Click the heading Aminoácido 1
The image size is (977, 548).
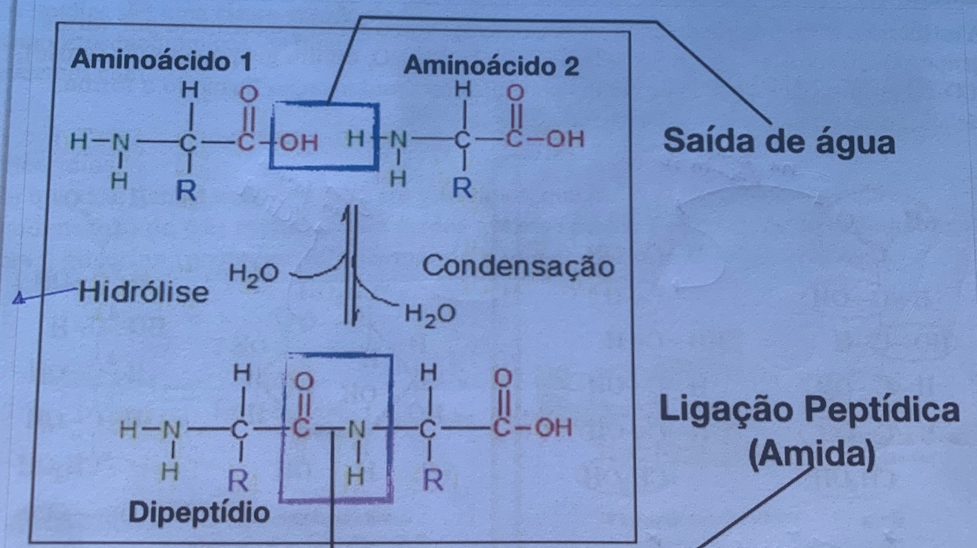tap(161, 61)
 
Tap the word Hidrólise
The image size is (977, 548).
tap(144, 292)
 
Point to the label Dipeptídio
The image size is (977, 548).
tap(199, 512)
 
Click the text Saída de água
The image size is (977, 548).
tap(779, 141)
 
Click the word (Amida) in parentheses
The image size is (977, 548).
tap(812, 456)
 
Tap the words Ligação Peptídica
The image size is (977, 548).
tap(810, 410)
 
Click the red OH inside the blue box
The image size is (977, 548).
tap(300, 142)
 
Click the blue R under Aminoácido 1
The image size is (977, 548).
tap(188, 192)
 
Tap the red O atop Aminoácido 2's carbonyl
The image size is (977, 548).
tap(516, 93)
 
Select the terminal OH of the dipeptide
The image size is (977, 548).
tap(554, 426)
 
